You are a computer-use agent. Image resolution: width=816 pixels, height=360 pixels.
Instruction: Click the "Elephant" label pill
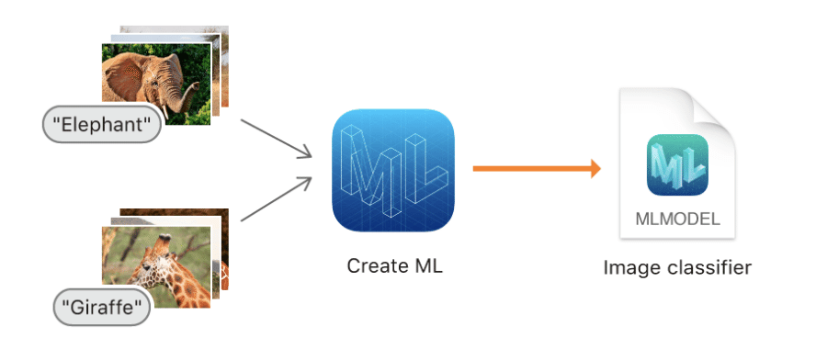[x=101, y=124]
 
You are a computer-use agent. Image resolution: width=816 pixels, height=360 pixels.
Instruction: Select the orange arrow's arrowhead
[x=595, y=169]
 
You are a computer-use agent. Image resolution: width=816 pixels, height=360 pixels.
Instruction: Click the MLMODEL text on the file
[x=677, y=219]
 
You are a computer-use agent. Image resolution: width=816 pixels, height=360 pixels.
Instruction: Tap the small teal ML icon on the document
[x=677, y=166]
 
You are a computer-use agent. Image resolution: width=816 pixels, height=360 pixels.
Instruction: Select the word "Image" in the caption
[x=625, y=268]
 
